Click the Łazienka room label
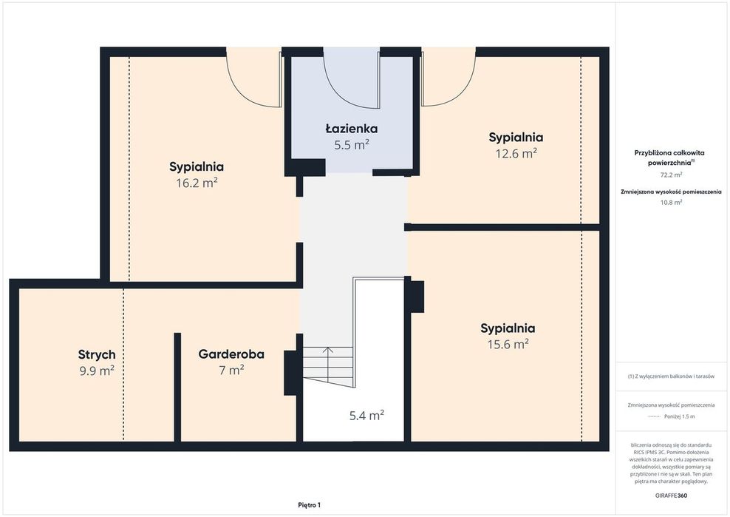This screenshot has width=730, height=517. pos(352,128)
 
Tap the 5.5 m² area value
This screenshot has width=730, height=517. pos(352,144)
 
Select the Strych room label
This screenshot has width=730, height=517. pos(97,355)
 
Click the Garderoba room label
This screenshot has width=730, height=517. pos(231,354)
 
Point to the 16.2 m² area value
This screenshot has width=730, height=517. pos(197,183)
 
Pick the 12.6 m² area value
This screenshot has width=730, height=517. pos(516,153)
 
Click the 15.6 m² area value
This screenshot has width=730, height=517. pos(508,344)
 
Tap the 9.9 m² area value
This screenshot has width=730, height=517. pos(97,371)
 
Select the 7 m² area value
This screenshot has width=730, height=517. pos(231,370)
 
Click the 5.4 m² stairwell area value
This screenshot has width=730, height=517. pos(367,415)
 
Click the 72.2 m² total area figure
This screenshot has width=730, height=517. pos(671,175)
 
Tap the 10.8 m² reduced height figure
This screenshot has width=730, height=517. pos(671,203)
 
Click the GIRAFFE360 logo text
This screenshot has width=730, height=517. pos(671,496)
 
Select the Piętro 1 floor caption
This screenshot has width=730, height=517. pos(309,505)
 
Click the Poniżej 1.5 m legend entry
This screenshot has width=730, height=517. pos(679,416)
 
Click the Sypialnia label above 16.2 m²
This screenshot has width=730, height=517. pos(197,166)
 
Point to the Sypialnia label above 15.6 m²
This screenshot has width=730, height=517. pos(508,328)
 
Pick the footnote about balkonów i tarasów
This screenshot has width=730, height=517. pos(671,376)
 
